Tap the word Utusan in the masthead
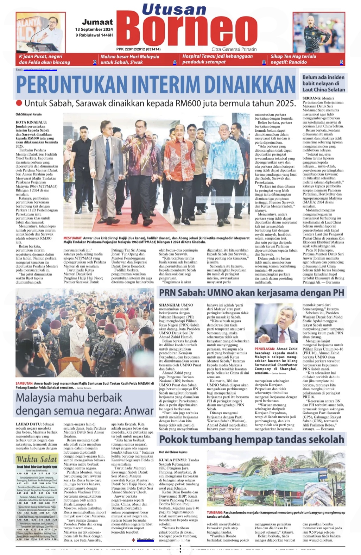pyautogui.click(x=174, y=9)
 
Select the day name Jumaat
pyautogui.click(x=97, y=22)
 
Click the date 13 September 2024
pyautogui.click(x=94, y=30)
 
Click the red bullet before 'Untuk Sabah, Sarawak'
pyautogui.click(x=19, y=103)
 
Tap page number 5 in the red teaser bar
pyautogui.click(x=341, y=62)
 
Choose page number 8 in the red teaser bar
pyautogui.click(x=264, y=62)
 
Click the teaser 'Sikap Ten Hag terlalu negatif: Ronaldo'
pyautogui.click(x=293, y=59)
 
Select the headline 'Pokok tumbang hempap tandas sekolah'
pyautogui.click(x=252, y=439)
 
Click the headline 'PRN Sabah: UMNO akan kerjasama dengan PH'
pyautogui.click(x=251, y=293)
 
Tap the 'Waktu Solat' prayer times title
pyautogui.click(x=37, y=459)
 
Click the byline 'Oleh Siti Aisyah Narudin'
pyautogui.click(x=28, y=114)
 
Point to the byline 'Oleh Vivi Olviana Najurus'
pyautogui.click(x=174, y=452)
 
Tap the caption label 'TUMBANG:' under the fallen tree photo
pyautogui.click(x=215, y=512)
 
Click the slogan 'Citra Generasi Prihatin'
pyautogui.click(x=234, y=49)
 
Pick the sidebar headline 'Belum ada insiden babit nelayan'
pyautogui.click(x=323, y=83)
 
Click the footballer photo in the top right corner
pyautogui.click(x=319, y=32)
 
